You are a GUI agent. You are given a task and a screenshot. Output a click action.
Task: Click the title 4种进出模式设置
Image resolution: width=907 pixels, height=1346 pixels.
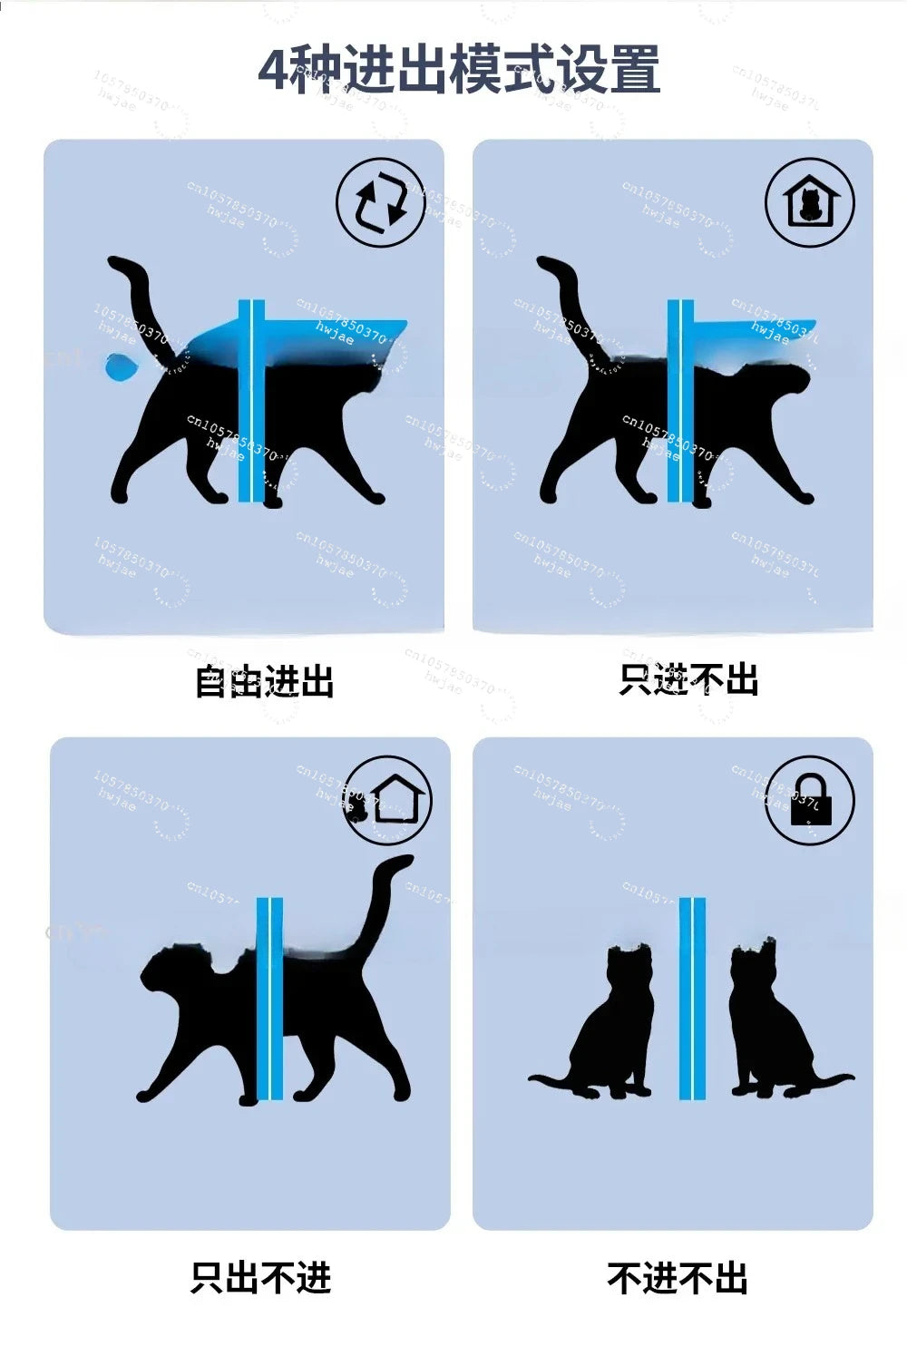tap(459, 71)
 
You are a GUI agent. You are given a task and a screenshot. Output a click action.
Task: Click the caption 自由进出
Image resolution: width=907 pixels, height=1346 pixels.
tap(264, 681)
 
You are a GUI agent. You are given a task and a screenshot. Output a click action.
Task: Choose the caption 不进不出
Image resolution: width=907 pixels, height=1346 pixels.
tap(678, 1278)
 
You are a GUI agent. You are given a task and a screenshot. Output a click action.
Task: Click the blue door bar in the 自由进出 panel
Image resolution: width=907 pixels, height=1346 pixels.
tap(250, 399)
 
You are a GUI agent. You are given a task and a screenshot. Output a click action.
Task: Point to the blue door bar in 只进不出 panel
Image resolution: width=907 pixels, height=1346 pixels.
tap(679, 399)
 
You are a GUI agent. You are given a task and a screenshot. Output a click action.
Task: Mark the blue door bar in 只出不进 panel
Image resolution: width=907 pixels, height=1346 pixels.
tap(269, 998)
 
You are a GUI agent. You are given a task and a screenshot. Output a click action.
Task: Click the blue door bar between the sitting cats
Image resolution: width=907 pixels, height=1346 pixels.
tap(692, 998)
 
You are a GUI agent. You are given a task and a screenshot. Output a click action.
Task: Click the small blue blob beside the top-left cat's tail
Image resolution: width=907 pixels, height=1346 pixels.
tap(120, 367)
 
